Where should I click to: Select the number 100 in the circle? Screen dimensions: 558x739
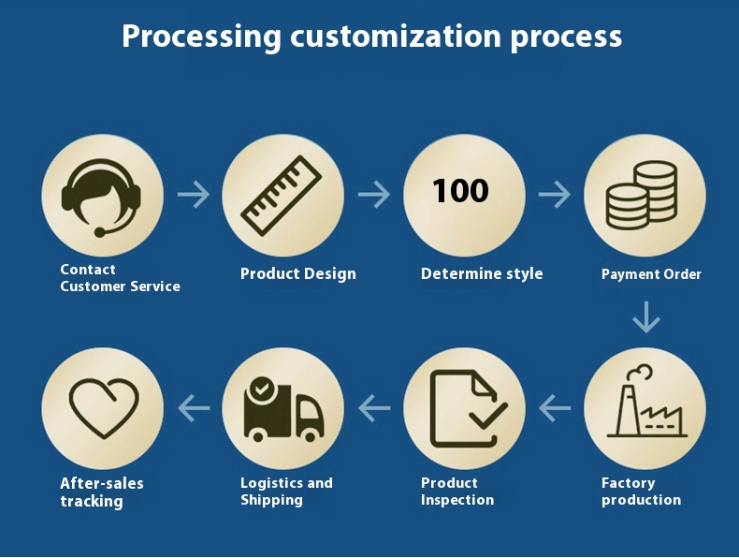pos(460,192)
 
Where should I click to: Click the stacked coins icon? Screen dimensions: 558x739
pos(643,195)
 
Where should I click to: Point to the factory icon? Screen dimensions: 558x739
pos(645,405)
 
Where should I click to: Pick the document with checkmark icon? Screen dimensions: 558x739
pos(466,408)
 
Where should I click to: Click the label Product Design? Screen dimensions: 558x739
pos(297,273)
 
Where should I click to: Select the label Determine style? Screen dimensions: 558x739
pos(481,273)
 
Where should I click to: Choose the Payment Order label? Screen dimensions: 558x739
pos(651,274)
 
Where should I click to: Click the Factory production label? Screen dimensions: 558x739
pos(641,492)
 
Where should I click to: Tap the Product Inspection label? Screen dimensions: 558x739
pos(456,492)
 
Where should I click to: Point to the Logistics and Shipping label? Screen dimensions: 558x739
pos(286,492)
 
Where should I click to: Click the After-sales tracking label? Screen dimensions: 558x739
pos(101,492)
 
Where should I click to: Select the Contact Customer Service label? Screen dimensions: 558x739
pos(120,278)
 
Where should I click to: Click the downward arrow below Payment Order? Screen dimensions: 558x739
pos(645,317)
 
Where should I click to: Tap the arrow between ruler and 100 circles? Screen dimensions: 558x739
pos(374,195)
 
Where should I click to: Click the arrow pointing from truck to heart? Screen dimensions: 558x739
pos(195,407)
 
